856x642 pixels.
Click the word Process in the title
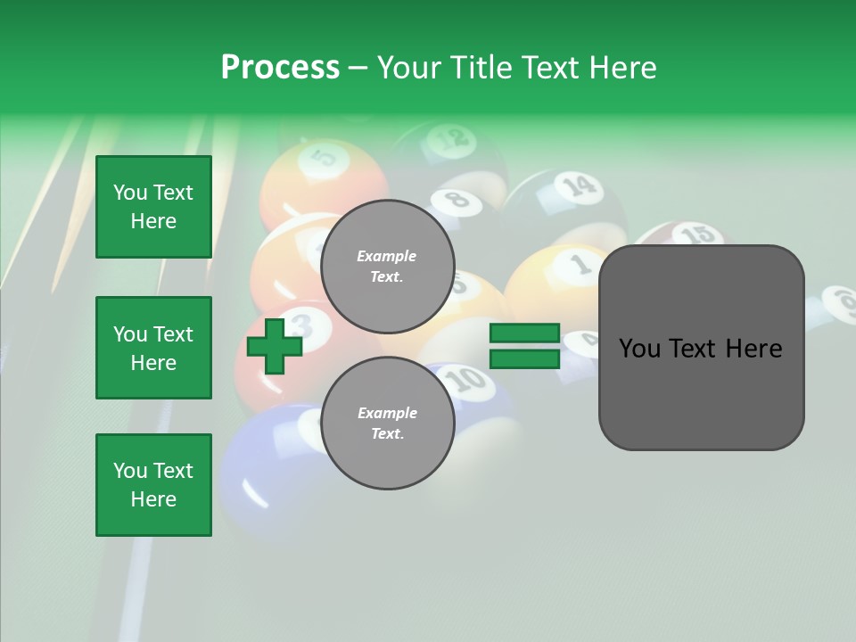(x=280, y=68)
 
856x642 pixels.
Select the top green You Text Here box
(x=153, y=207)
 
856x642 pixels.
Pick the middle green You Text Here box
(x=153, y=348)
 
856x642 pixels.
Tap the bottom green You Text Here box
(x=153, y=485)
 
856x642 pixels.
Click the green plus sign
(x=275, y=347)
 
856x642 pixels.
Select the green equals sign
(x=524, y=346)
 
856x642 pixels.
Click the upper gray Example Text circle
(x=387, y=267)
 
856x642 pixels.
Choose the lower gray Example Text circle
(x=387, y=423)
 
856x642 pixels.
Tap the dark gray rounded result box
(x=701, y=348)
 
